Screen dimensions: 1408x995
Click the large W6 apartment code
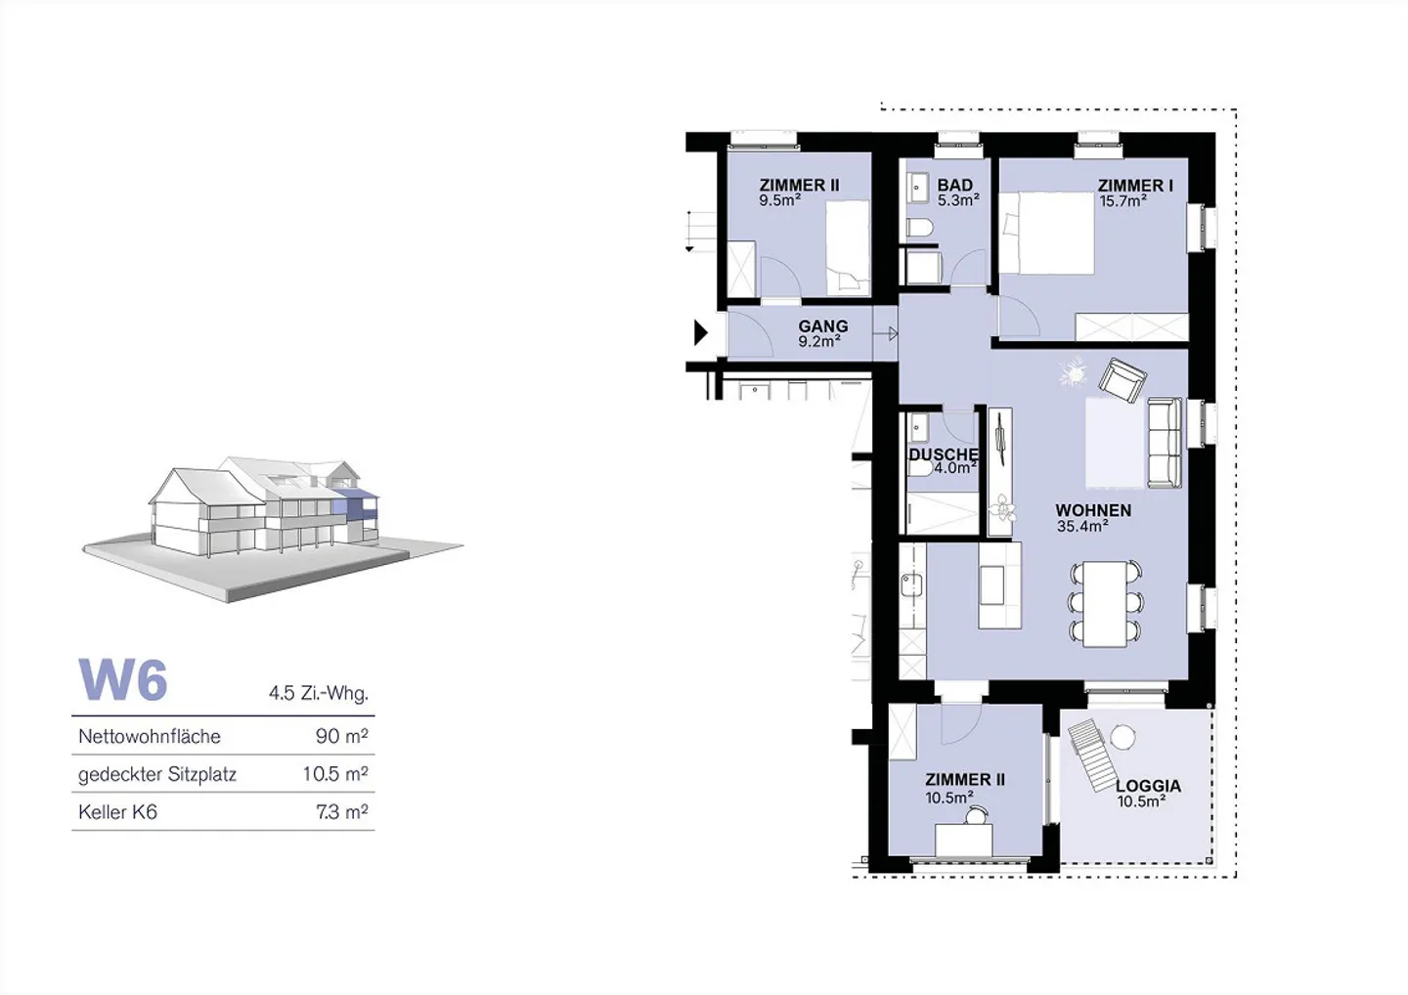coord(122,679)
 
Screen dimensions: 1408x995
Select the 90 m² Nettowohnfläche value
coord(341,736)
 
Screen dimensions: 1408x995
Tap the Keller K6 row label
coord(117,812)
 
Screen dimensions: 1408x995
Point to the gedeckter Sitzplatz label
coord(157,774)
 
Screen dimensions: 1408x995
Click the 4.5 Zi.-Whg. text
coord(318,693)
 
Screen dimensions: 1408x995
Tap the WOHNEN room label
coord(1093,510)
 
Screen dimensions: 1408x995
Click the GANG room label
coord(823,326)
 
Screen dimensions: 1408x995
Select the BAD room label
coord(954,186)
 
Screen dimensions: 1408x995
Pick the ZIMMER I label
coord(1135,186)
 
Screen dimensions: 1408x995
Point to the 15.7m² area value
coord(1123,201)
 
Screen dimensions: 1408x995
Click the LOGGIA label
coord(1148,786)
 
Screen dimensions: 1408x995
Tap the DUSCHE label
coord(944,454)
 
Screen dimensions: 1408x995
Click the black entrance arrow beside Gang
coord(701,332)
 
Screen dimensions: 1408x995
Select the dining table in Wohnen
coord(1105,604)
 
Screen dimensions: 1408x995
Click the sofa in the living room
coord(1166,442)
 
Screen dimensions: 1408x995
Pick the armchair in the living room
coord(1122,380)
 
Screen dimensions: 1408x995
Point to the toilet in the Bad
coord(919,227)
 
